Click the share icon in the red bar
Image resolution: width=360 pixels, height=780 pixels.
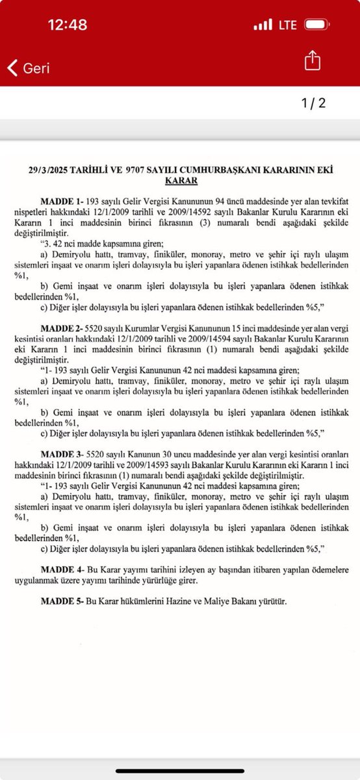313,61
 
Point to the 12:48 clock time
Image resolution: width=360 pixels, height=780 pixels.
68,25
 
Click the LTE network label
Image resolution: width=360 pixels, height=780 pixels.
287,25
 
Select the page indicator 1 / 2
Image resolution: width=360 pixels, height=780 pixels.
313,103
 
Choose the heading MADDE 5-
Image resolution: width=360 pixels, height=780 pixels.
62,601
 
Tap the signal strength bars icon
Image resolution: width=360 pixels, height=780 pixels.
263,25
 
